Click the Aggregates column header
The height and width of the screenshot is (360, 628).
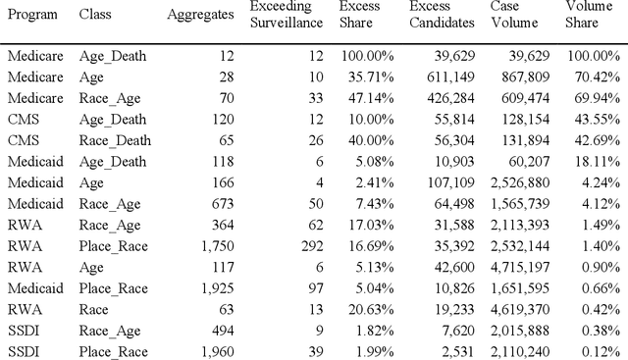(x=200, y=16)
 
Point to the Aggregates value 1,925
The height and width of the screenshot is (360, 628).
(x=216, y=290)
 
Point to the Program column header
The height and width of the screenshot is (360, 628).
(x=31, y=16)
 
